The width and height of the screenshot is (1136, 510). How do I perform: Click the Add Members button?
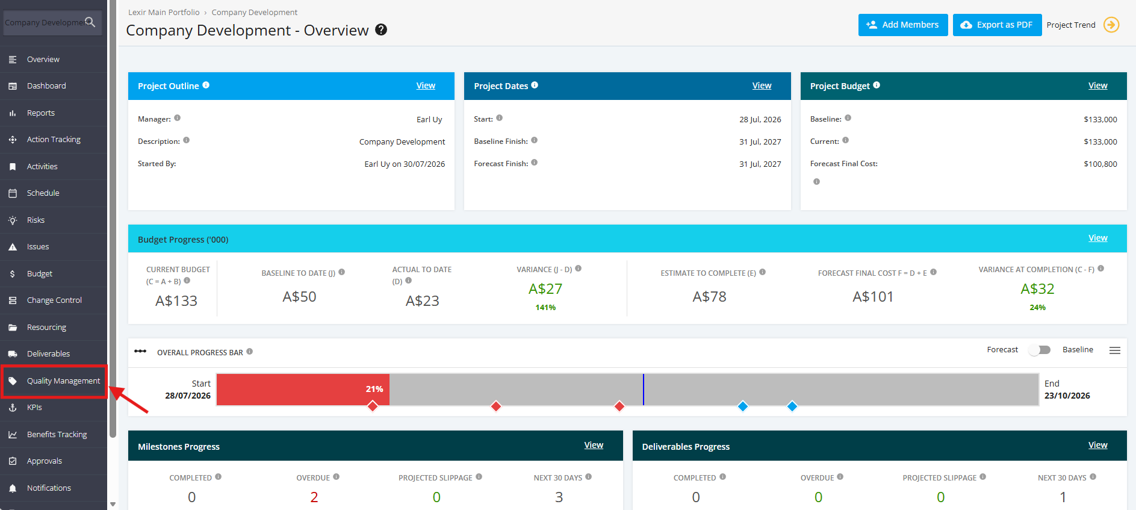pos(903,25)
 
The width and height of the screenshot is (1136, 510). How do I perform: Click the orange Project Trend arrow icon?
pos(1111,25)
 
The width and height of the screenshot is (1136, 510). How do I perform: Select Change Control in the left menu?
pos(54,300)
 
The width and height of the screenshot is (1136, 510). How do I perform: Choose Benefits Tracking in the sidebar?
pos(57,435)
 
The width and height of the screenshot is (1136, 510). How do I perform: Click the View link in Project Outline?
pos(426,86)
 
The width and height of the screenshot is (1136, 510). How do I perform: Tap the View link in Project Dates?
pos(762,86)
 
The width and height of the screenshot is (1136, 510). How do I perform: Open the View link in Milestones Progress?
pos(594,445)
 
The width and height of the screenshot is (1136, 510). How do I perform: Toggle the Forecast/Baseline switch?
pos(1040,350)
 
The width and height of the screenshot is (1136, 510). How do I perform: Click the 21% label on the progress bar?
pos(374,389)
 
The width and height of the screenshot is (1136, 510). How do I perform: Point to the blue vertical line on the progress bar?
pos(643,390)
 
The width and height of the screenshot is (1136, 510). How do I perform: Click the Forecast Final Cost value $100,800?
pos(1100,164)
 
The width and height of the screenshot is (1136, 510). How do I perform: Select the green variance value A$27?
pos(545,289)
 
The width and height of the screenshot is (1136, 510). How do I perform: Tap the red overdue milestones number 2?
pos(314,497)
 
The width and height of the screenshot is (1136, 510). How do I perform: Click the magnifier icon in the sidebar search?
pos(90,22)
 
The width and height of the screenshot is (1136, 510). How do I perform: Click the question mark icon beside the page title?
pos(381,30)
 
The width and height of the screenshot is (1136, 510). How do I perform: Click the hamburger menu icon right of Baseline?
pos(1115,350)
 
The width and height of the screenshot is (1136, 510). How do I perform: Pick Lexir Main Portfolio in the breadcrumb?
pos(164,12)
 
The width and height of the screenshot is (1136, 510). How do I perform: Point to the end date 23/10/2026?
pos(1067,396)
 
